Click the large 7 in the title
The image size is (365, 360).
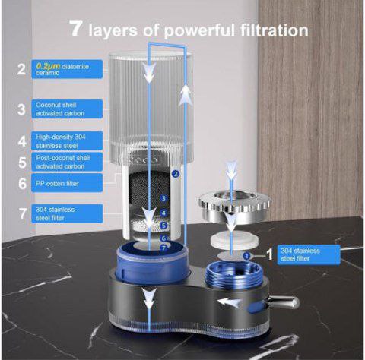tap(76, 29)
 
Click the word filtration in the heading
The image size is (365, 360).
tap(275, 30)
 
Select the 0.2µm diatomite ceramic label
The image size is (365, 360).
tap(67, 69)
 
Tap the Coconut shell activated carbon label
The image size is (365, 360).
tap(67, 109)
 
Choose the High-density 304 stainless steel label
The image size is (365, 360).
tap(67, 141)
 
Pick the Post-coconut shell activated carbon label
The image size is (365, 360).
tap(67, 162)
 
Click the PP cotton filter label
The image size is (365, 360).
tap(67, 183)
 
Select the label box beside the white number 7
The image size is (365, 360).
tap(67, 213)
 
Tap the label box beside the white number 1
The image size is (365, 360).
tap(309, 254)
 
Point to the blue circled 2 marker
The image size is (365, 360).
tap(176, 174)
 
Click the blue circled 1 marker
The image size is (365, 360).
tap(246, 256)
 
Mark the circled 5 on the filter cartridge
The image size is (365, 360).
tap(164, 225)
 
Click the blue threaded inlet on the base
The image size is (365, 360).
tap(233, 275)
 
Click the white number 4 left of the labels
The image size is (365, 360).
tap(22, 141)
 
